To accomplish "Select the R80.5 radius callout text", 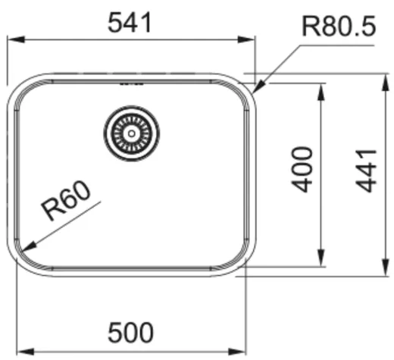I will click(338, 28).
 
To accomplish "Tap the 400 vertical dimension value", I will click(302, 169).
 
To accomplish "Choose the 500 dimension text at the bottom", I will click(130, 332).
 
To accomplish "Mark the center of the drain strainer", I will click(132, 133).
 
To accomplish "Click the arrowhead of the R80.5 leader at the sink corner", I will click(255, 89).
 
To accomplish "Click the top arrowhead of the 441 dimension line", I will click(384, 77).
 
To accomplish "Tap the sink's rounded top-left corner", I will click(20, 87).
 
